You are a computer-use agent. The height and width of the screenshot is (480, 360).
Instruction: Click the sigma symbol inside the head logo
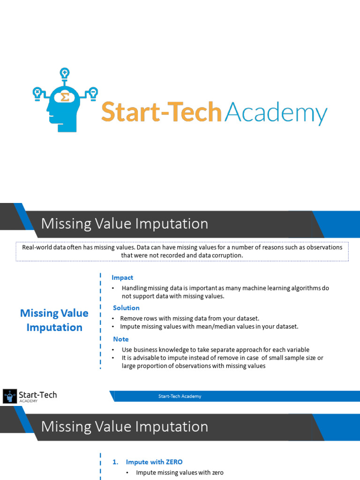pos(65,97)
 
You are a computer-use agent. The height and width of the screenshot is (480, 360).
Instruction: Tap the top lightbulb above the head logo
pos(65,73)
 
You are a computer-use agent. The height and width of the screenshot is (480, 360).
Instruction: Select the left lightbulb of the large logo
pos(37,92)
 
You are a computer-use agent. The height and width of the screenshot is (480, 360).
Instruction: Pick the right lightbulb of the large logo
pos(93,91)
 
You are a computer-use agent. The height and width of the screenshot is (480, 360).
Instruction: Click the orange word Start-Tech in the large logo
pos(161,112)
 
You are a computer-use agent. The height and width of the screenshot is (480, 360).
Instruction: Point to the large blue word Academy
pos(276,113)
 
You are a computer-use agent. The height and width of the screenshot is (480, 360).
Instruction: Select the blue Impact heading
pos(122,277)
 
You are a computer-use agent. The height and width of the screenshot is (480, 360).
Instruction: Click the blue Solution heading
pos(126,308)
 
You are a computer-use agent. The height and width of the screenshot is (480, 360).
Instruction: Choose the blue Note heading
pos(120,339)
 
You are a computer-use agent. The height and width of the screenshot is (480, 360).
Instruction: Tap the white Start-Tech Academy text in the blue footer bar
pos(180,396)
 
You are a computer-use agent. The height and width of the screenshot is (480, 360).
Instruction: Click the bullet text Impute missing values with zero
pos(180,472)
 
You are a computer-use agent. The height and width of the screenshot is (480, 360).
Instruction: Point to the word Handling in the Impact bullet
pos(135,288)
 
